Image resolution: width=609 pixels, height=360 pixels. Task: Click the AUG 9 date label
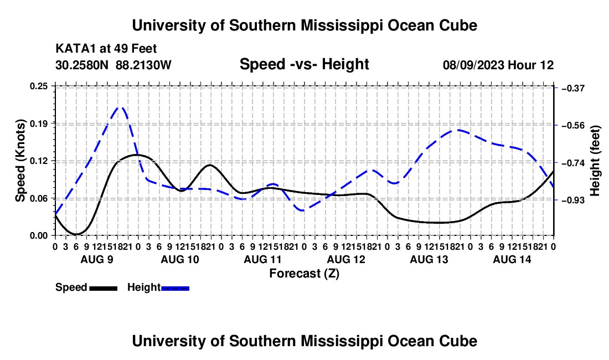[97, 259]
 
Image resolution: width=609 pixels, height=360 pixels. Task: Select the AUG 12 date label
[346, 259]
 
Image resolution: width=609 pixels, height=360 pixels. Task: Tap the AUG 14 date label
[512, 259]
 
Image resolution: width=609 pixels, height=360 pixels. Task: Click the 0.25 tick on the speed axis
[39, 86]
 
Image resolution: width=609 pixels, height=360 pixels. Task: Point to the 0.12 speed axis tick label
[39, 161]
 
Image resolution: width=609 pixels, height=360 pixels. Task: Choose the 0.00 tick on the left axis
[39, 235]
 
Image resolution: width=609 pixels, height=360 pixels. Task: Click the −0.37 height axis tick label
[573, 89]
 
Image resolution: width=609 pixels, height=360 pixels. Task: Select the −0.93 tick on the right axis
[573, 200]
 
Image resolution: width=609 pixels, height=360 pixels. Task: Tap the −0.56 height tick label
[573, 125]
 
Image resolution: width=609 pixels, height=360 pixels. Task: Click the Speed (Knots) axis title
[20, 161]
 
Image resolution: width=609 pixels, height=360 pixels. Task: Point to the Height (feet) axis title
[595, 161]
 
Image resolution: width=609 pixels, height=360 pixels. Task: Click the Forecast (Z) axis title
[304, 274]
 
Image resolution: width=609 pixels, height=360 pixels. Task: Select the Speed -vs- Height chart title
[304, 64]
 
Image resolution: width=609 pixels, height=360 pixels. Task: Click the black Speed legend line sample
[104, 288]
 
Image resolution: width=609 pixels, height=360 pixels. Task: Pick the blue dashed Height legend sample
[175, 288]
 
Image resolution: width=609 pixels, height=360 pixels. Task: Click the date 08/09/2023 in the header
[473, 65]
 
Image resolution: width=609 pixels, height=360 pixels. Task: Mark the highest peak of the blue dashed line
[121, 107]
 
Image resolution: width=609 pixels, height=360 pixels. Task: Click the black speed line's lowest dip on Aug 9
[76, 234]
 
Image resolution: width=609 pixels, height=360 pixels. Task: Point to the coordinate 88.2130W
[143, 65]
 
